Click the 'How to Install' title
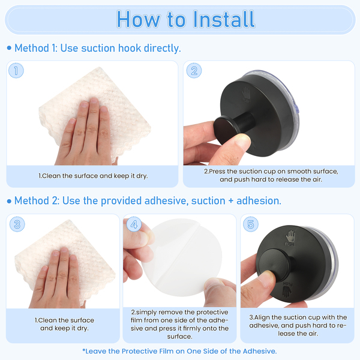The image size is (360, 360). point(186,19)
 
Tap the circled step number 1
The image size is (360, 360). point(16,70)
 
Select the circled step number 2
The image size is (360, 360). point(194,70)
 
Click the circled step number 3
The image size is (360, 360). point(17,224)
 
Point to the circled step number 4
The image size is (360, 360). point(134,224)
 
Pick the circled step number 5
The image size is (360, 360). point(251,224)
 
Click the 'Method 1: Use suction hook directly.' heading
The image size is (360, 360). point(98,48)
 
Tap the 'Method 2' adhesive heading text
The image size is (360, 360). point(148,200)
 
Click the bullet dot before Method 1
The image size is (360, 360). point(9,48)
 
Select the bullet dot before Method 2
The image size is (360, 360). point(9,202)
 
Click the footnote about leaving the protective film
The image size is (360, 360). point(179,351)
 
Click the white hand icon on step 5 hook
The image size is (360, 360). point(290,236)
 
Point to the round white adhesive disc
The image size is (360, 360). point(182,257)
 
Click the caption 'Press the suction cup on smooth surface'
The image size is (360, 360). point(271,172)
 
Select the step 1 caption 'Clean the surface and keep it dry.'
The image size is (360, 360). point(93,176)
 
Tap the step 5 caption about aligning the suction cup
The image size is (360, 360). point(298,325)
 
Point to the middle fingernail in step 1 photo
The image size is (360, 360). point(94,101)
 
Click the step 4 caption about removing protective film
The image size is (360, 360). point(179,324)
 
